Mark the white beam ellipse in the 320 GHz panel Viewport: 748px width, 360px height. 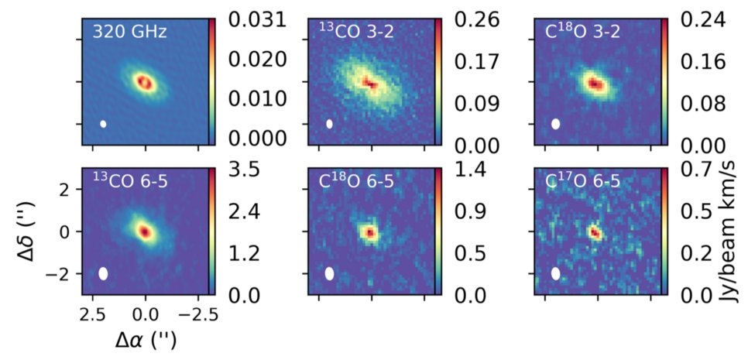tap(103, 123)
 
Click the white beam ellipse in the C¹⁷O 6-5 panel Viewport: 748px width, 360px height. tap(555, 273)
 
